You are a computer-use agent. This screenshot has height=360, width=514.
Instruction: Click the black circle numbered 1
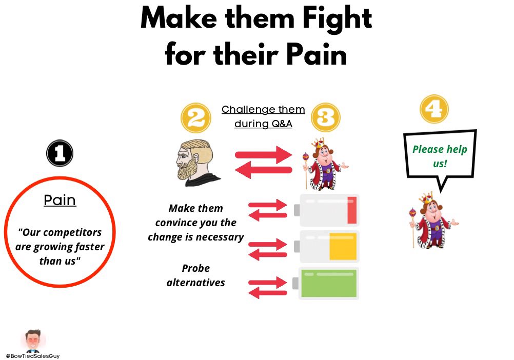click(x=60, y=153)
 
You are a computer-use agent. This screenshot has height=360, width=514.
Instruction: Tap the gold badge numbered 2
click(x=196, y=118)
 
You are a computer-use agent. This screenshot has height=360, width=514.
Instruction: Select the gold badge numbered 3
click(x=325, y=117)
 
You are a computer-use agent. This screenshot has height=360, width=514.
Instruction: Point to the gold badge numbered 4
click(x=434, y=108)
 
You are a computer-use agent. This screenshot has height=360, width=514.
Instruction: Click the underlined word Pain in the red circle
click(x=60, y=200)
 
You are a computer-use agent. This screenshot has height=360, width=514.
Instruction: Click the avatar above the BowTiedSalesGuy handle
click(x=33, y=339)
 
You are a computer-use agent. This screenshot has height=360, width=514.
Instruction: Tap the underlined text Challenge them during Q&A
click(x=263, y=116)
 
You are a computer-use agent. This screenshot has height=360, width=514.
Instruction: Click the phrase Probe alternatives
click(x=196, y=275)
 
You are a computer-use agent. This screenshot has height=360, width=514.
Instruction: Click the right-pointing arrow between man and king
click(x=264, y=154)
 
